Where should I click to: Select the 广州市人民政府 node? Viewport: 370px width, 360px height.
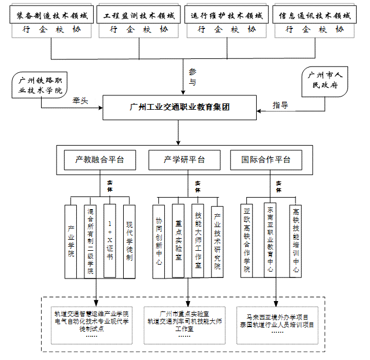[x=324, y=81]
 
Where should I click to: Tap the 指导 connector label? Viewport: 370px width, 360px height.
[x=280, y=105]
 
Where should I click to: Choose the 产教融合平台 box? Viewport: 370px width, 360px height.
[x=99, y=159]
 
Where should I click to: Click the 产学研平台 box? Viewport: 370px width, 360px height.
[x=184, y=159]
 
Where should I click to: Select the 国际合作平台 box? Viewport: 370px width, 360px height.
[x=266, y=159]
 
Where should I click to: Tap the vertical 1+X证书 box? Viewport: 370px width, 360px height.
[x=110, y=239]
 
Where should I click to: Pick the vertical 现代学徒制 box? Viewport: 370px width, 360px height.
[x=129, y=240]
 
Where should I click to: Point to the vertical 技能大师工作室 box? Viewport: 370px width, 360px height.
[x=198, y=239]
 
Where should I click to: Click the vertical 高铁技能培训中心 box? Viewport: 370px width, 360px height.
[x=296, y=239]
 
